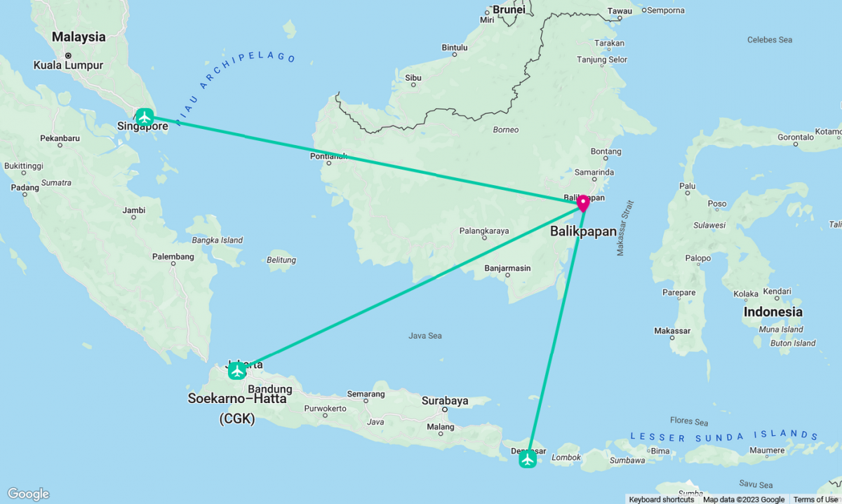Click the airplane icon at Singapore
(145, 116)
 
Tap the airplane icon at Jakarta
(237, 370)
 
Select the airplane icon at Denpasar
(528, 459)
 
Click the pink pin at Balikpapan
(583, 203)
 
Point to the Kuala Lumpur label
(68, 65)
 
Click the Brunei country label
(509, 9)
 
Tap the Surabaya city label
(445, 401)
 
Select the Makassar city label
(672, 331)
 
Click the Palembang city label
(173, 257)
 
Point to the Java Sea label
(425, 336)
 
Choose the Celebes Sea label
(770, 40)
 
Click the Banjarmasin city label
(507, 268)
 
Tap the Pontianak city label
(328, 156)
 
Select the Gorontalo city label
(776, 137)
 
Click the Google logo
(29, 494)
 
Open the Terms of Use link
(815, 499)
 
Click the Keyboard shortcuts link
(661, 499)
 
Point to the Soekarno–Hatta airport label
(236, 399)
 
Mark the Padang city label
(25, 187)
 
